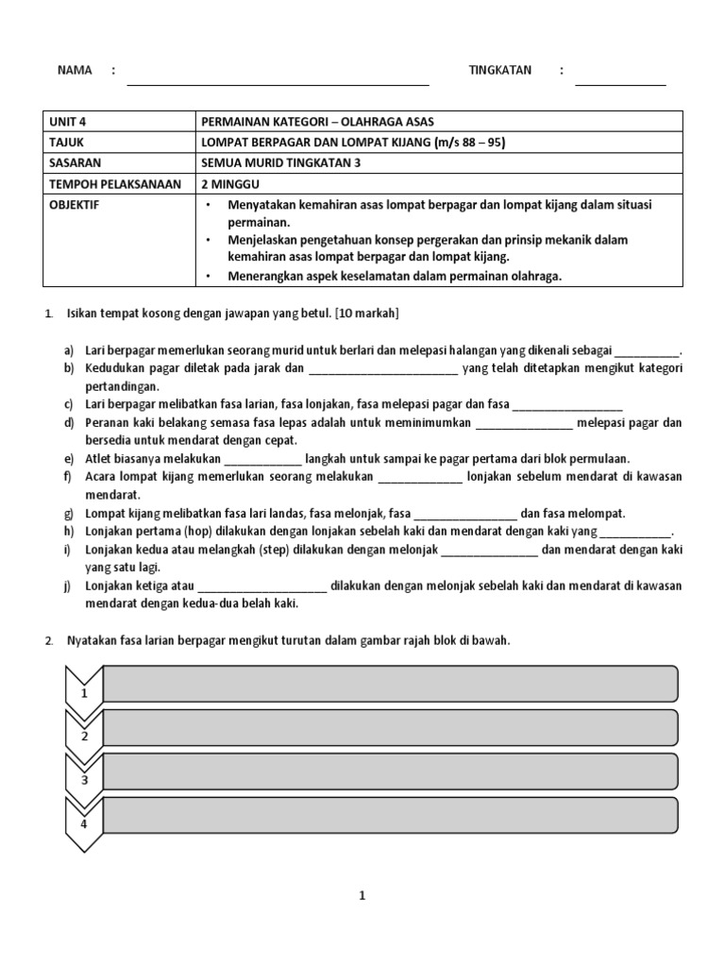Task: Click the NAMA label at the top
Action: coord(75,70)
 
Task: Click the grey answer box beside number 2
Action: coord(389,727)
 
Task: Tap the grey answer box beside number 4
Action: coord(389,815)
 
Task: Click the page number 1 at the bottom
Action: coord(362,897)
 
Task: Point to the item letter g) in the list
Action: coord(70,514)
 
